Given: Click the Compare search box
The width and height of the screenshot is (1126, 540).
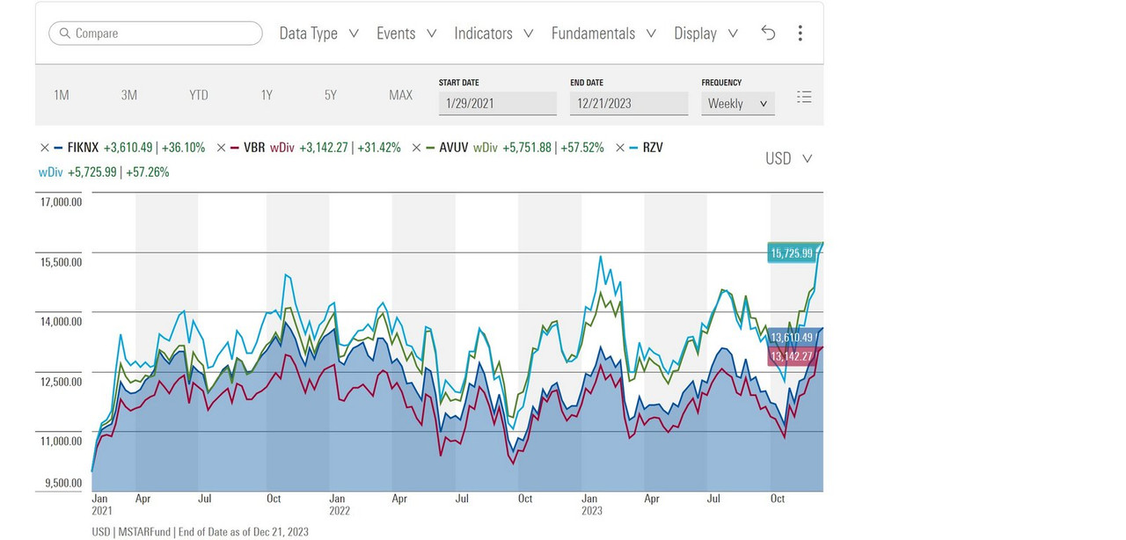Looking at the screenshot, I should [156, 33].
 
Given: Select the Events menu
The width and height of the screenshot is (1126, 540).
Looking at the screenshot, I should [406, 33].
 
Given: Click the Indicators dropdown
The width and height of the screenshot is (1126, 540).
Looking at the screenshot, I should [494, 33].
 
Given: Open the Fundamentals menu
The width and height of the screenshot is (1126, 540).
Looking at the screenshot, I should [603, 33].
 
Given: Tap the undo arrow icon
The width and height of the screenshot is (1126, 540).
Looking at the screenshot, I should [768, 33].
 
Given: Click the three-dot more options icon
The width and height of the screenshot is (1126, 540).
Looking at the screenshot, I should [800, 33].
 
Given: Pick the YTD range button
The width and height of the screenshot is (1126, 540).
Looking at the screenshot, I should [199, 95].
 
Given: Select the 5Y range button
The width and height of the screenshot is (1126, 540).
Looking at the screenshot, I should [331, 95].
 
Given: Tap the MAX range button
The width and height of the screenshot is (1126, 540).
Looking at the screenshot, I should [400, 95].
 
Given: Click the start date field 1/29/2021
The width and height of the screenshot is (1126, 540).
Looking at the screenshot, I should [497, 103].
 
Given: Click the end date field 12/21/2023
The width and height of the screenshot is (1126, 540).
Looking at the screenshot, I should [628, 103].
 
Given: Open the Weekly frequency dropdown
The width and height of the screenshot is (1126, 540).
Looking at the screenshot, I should [737, 103].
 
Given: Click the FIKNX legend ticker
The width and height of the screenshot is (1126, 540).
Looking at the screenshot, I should [83, 148].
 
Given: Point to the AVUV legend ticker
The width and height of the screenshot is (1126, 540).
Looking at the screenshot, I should [453, 148].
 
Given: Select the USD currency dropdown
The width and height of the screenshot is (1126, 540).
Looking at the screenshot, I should [788, 158].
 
